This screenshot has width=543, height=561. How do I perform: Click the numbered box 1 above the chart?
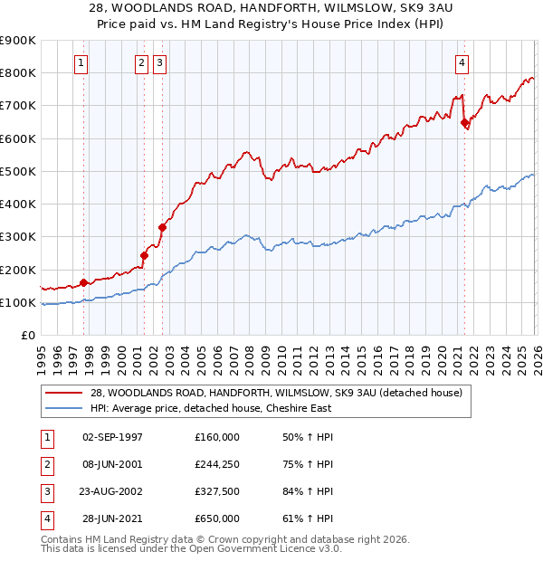tap(81, 63)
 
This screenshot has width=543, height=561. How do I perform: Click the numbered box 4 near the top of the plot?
tap(462, 63)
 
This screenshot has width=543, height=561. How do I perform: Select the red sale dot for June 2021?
tap(464, 122)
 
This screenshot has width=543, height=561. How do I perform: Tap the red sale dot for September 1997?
tap(84, 282)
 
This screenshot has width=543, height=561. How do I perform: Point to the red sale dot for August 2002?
tap(163, 228)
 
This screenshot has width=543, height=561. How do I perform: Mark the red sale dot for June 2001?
tap(144, 255)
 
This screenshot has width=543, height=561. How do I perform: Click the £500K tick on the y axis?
tap(17, 171)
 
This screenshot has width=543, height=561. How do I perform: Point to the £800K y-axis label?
tap(17, 72)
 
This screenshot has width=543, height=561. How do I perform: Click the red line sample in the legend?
tap(65, 393)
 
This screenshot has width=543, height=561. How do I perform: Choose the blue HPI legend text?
tap(210, 408)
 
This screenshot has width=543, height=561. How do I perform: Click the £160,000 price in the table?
tap(217, 437)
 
